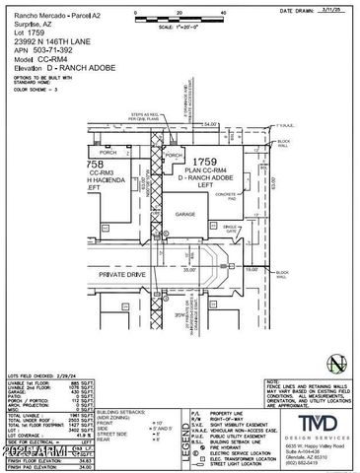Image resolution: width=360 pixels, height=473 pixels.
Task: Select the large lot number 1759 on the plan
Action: (x=203, y=160)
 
